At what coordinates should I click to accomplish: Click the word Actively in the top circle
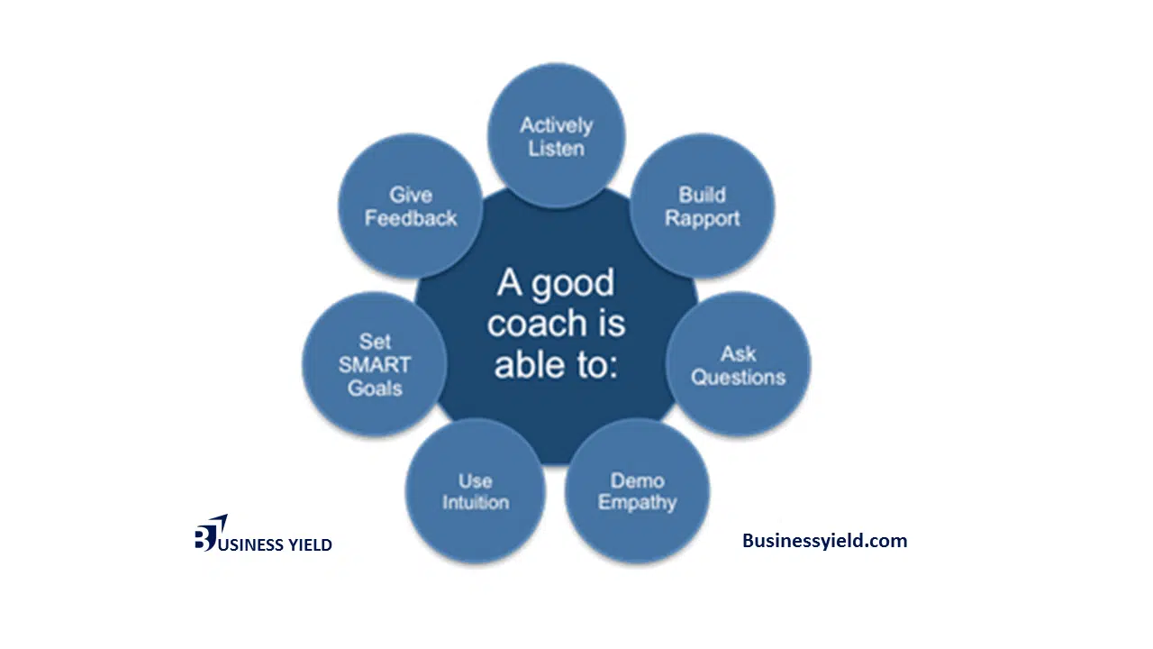point(556,126)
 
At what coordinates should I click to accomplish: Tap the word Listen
point(557,149)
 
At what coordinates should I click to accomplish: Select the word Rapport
point(702,219)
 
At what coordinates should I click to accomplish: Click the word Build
point(702,195)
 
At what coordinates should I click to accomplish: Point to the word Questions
point(738,378)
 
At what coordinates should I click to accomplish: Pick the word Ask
point(738,354)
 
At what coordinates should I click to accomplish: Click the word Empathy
point(637,503)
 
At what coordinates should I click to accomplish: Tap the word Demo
point(637,480)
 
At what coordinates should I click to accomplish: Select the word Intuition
point(476,502)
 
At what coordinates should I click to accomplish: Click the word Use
point(475,480)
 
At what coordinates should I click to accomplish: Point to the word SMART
point(375,365)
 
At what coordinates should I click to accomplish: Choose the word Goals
point(375,388)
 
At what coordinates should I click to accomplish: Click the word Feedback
point(411,218)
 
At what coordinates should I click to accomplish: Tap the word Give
point(411,196)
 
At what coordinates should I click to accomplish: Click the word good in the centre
point(573,284)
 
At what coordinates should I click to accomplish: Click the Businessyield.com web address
point(824,541)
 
